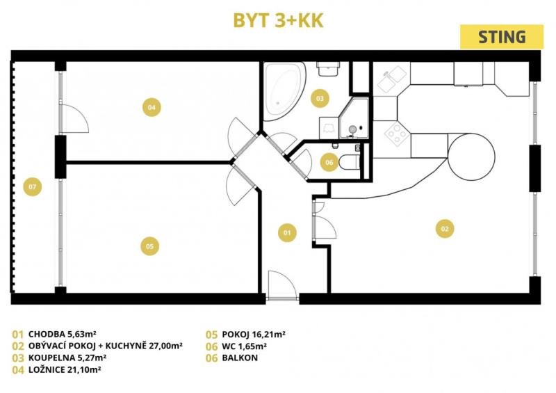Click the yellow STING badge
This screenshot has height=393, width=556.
click(x=502, y=37)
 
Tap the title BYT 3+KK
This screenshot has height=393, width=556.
click(x=279, y=21)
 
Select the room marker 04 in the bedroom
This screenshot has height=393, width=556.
click(x=152, y=107)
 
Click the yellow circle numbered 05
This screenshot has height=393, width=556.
click(x=149, y=246)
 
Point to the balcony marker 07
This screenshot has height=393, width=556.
click(x=32, y=186)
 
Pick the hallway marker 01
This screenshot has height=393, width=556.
click(x=287, y=232)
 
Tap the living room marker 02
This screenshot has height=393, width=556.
click(x=445, y=229)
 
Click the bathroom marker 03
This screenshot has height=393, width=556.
click(x=320, y=98)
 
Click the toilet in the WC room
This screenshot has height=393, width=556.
click(x=350, y=163)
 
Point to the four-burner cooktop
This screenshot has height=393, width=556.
click(x=397, y=134)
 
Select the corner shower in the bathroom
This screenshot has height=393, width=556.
click(x=354, y=118)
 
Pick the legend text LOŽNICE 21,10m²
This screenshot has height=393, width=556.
click(x=65, y=369)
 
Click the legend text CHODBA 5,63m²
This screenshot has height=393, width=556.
click(x=63, y=334)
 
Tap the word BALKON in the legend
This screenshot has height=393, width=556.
click(x=240, y=358)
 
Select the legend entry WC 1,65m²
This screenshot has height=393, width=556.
click(x=245, y=346)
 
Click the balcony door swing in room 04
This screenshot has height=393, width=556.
click(x=75, y=119)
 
